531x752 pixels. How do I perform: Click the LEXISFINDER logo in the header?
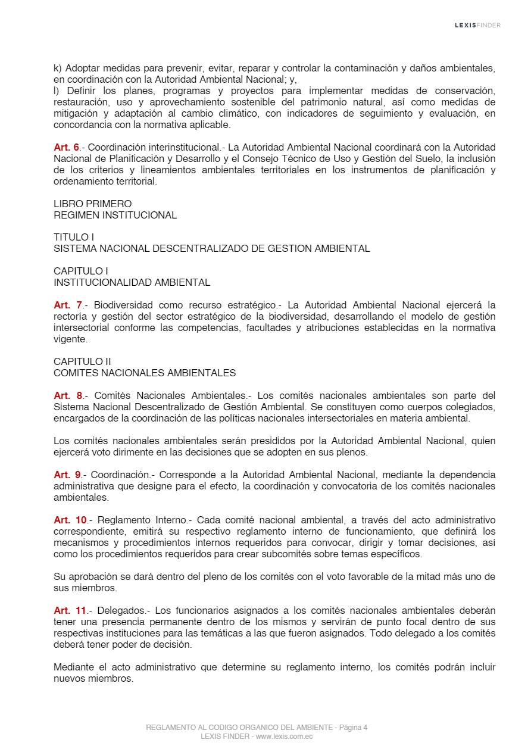tap(477, 25)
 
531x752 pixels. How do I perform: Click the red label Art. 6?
tap(67, 147)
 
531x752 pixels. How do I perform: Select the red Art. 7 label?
tap(67, 305)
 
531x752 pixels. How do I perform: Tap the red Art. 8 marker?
tap(68, 395)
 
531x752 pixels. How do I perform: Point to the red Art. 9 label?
tap(67, 475)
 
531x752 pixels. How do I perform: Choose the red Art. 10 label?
tap(70, 520)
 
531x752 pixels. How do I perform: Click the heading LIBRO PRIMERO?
tap(92, 204)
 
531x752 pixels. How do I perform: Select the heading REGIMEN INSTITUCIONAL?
tap(115, 215)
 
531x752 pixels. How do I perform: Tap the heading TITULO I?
tap(74, 237)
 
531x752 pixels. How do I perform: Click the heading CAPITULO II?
tap(82, 361)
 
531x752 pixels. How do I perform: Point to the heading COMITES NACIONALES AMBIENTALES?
tap(145, 373)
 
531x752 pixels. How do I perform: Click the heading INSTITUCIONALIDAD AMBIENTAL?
tap(132, 282)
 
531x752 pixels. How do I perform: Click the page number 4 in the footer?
tap(365, 727)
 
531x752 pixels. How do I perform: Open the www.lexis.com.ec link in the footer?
tap(284, 737)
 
